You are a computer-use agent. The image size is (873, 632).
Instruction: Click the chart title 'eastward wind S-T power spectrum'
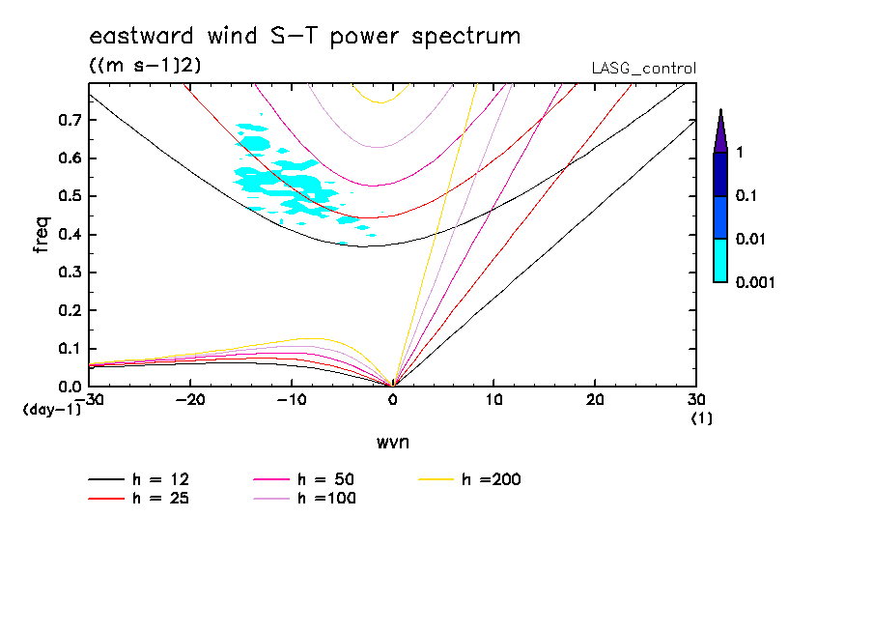tap(304, 37)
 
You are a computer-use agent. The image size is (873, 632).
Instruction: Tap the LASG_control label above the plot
tap(643, 69)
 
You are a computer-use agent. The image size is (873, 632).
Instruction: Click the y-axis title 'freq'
tap(42, 234)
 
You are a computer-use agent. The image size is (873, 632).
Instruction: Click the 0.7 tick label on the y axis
tap(70, 120)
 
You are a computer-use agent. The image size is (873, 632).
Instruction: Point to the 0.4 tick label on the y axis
tap(70, 235)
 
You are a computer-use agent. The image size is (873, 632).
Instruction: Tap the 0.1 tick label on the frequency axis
tap(70, 349)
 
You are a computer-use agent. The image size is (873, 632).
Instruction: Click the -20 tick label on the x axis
tap(190, 400)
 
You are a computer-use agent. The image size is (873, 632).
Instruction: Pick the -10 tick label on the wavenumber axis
tap(291, 400)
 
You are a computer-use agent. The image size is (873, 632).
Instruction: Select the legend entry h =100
tap(326, 499)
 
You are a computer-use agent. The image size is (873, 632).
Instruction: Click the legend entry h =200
tap(492, 479)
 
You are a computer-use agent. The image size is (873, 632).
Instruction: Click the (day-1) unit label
tap(51, 410)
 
